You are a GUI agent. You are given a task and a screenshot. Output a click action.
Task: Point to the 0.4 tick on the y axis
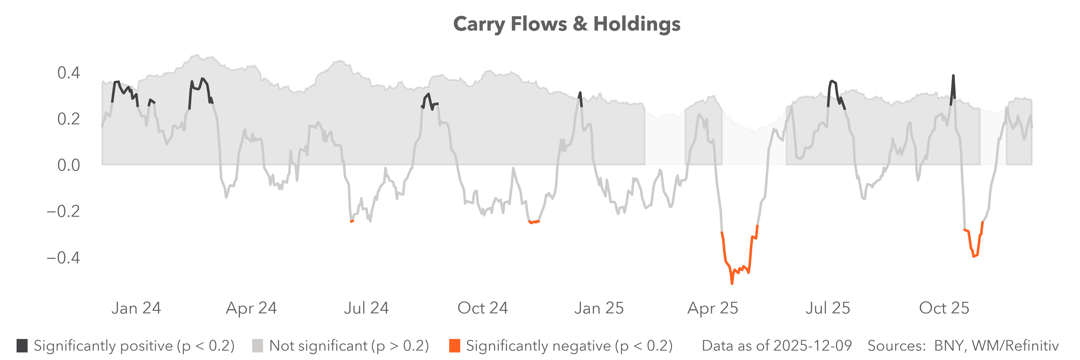[68, 73]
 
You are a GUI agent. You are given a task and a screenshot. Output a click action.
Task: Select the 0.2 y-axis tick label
[68, 119]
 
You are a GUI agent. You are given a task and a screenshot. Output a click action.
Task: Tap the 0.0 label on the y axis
[68, 165]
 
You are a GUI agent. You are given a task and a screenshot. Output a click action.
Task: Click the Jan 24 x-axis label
[136, 308]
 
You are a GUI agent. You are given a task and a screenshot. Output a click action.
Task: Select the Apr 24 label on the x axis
[252, 308]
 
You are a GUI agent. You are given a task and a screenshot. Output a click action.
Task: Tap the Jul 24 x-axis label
[366, 308]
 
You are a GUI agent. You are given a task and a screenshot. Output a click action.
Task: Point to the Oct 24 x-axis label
[483, 308]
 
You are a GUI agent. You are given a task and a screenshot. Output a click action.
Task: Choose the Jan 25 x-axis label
[599, 308]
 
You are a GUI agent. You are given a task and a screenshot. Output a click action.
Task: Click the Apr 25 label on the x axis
[713, 308]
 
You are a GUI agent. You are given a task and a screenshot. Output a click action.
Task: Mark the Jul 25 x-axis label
[828, 308]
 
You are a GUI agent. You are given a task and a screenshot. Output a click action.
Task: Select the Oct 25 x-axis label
[944, 308]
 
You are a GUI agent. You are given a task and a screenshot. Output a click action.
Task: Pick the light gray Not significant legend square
[257, 346]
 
